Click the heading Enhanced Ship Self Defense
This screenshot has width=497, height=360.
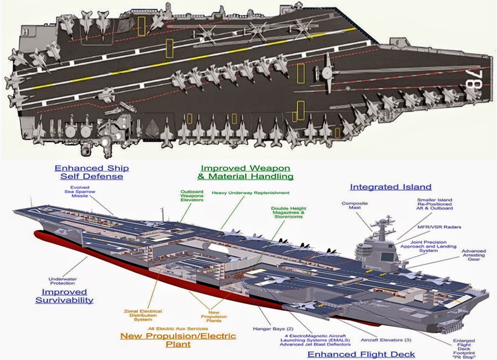[92, 172]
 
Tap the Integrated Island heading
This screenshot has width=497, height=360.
[390, 187]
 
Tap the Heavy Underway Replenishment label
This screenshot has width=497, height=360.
[250, 193]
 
